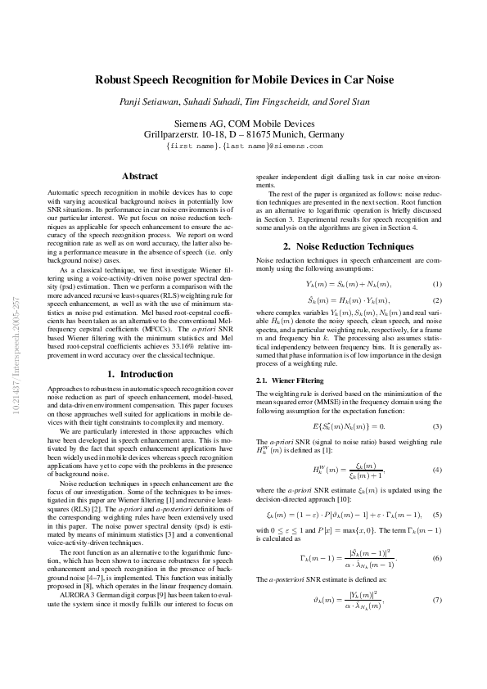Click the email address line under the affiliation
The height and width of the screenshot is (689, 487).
[243, 146]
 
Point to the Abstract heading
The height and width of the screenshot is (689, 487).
[139, 176]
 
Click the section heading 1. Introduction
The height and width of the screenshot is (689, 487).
[139, 374]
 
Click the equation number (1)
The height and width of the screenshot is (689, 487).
[437, 284]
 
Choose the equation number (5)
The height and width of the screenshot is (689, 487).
[437, 515]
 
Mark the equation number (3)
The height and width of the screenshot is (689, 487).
[437, 426]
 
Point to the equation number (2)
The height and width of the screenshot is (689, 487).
[437, 300]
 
